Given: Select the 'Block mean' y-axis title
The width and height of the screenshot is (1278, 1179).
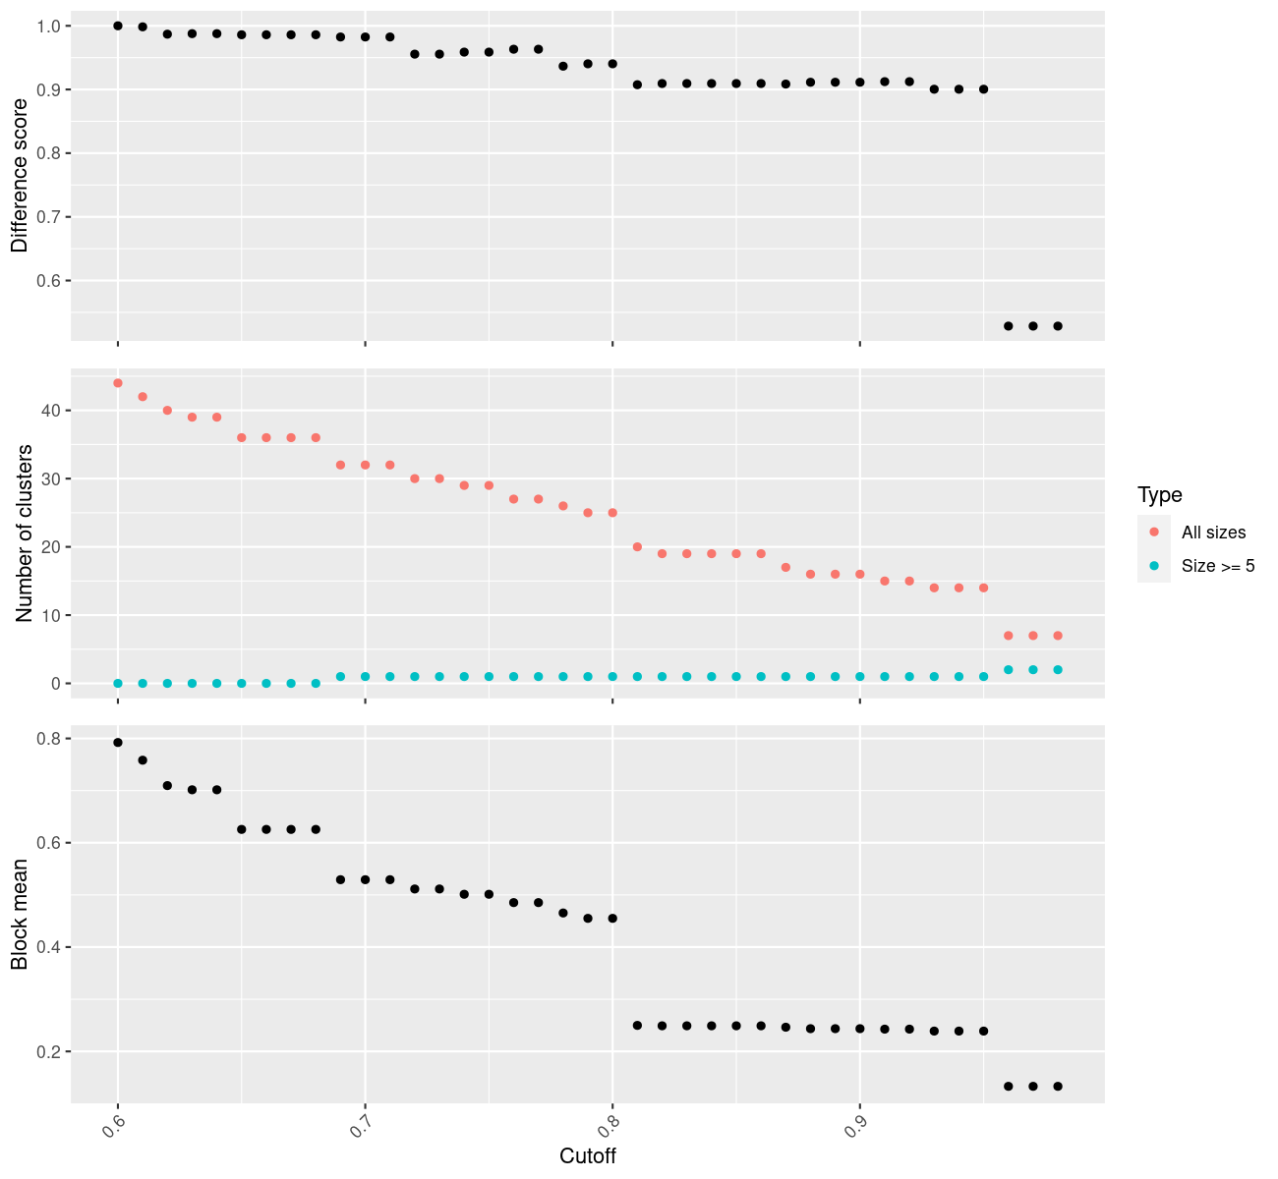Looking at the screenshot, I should (x=20, y=915).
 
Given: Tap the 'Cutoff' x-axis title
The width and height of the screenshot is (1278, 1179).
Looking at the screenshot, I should (x=588, y=1156).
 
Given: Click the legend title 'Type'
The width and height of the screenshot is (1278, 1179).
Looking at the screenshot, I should (x=1159, y=494).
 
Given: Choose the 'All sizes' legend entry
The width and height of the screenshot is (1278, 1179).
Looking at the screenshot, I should (x=1213, y=533).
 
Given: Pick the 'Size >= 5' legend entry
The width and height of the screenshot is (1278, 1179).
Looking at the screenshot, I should (x=1218, y=566).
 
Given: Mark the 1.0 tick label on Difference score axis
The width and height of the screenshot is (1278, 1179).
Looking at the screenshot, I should (x=48, y=27).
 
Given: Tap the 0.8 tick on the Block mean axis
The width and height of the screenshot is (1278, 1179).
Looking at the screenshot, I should (x=48, y=739).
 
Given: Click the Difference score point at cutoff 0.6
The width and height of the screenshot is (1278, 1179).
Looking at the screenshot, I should (x=118, y=26).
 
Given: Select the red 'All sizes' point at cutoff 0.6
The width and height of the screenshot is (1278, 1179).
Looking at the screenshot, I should (x=118, y=383).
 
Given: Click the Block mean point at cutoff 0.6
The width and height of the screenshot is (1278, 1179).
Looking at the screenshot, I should (x=118, y=743).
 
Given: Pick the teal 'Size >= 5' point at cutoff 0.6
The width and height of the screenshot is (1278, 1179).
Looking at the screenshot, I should (x=118, y=683).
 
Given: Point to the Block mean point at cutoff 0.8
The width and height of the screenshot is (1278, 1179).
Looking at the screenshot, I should (x=612, y=918).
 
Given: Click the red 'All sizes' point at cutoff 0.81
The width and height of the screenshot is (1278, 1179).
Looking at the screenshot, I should (x=637, y=546).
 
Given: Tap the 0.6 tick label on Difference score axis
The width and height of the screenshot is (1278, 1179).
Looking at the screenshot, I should (x=48, y=281).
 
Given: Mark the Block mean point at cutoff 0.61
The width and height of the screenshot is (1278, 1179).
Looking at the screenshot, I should (x=143, y=760).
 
